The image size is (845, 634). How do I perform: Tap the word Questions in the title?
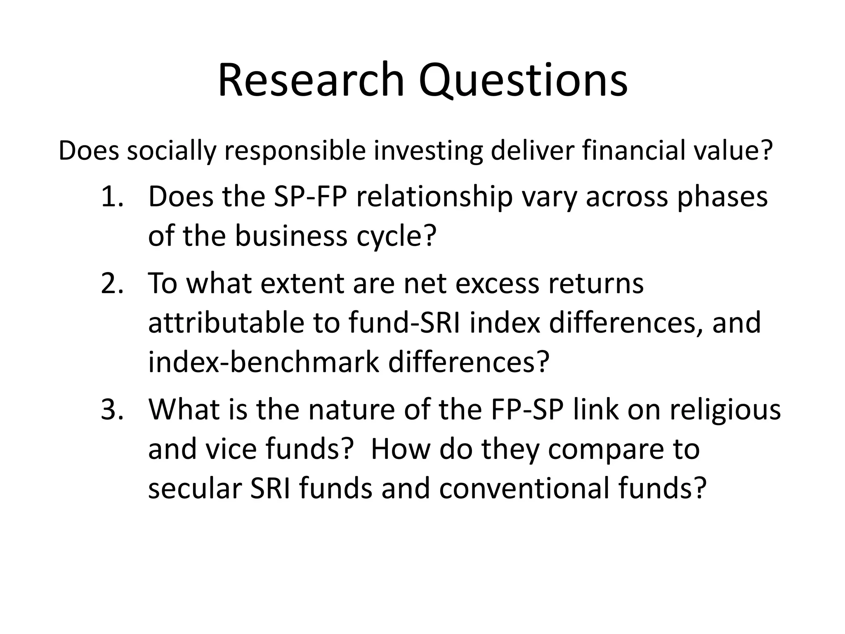point(523,81)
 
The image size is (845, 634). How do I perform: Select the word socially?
point(171,151)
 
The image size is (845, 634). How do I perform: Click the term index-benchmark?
point(263,362)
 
